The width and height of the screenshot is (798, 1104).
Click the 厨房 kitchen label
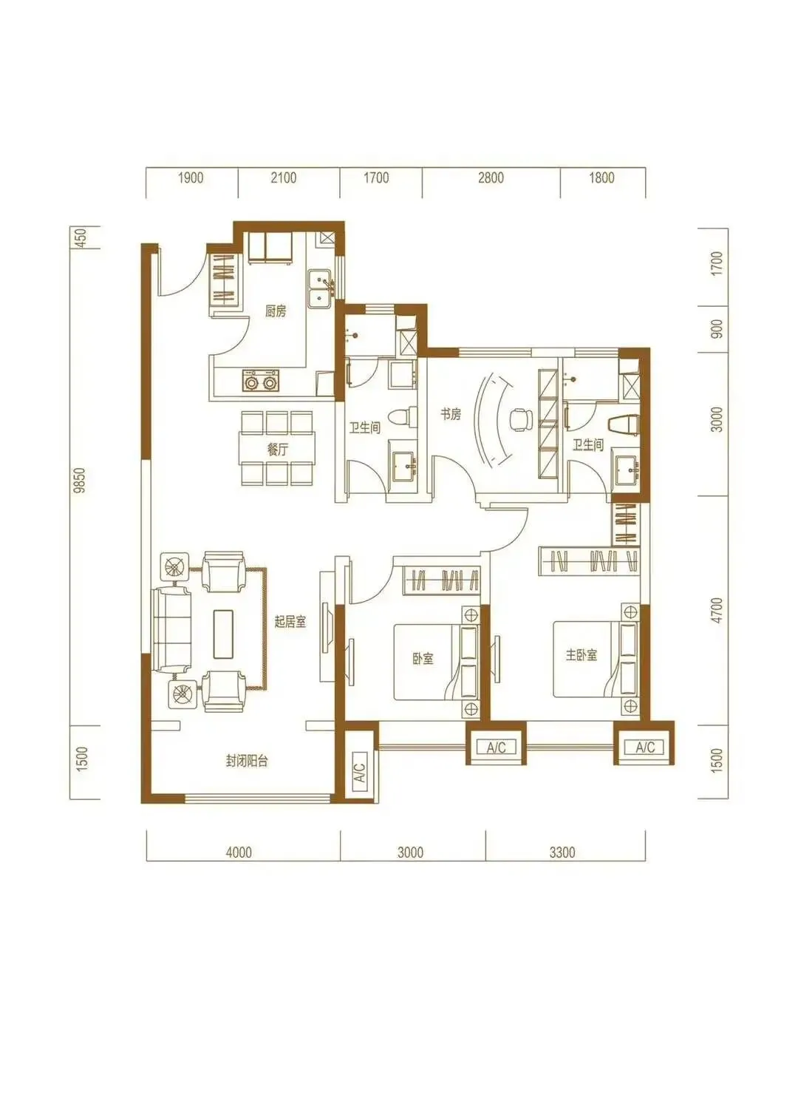pyautogui.click(x=276, y=311)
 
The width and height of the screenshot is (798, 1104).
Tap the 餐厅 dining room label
pyautogui.click(x=278, y=449)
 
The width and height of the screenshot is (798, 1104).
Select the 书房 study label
pyautogui.click(x=451, y=414)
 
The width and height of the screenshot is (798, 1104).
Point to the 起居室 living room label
pyautogui.click(x=290, y=622)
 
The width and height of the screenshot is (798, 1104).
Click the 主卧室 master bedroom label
pyautogui.click(x=582, y=655)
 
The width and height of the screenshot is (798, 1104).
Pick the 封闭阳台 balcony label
pyautogui.click(x=247, y=761)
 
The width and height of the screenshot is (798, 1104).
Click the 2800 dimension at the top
pyautogui.click(x=491, y=177)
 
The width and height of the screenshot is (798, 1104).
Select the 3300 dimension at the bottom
pyautogui.click(x=562, y=852)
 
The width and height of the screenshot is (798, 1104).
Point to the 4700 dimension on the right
pyautogui.click(x=717, y=610)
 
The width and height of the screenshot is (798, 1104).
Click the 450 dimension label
pyautogui.click(x=81, y=237)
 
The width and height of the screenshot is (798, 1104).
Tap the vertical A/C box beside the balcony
pyautogui.click(x=360, y=773)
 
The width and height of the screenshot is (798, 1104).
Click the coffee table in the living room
pyautogui.click(x=223, y=633)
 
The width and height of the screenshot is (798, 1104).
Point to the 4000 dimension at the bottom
pyautogui.click(x=239, y=852)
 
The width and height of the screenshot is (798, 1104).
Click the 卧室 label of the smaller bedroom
pyautogui.click(x=423, y=658)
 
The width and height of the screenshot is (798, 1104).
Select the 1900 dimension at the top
pyautogui.click(x=191, y=177)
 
